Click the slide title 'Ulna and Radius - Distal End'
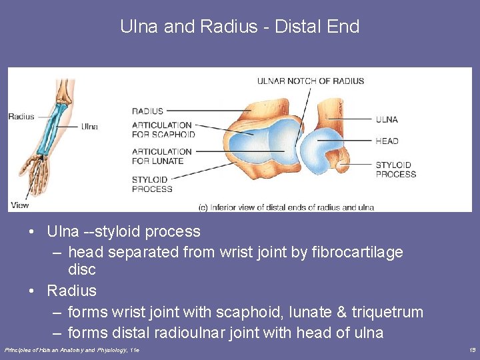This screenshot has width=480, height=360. pos(239,27)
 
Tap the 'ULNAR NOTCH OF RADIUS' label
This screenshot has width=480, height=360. pos(311,81)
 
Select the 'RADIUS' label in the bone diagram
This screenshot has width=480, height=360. pos(147,111)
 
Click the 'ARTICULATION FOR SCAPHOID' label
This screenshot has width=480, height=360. pos(162,129)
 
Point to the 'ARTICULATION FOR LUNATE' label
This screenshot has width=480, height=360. pos(162,156)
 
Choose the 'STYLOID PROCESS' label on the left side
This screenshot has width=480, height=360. pos(152,184)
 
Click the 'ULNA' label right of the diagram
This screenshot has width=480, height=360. pos(387,120)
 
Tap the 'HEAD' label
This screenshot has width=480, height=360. pos(387,141)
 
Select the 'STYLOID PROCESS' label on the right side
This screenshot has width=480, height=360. pos(395,169)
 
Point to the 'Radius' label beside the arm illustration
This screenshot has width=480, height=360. pos(21,117)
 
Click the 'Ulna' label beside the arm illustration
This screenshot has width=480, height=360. pos(89,127)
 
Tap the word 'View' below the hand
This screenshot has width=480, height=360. pos(19,205)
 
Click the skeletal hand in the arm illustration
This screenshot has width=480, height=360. pos(33,177)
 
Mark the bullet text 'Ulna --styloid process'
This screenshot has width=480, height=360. pos(123,231)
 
